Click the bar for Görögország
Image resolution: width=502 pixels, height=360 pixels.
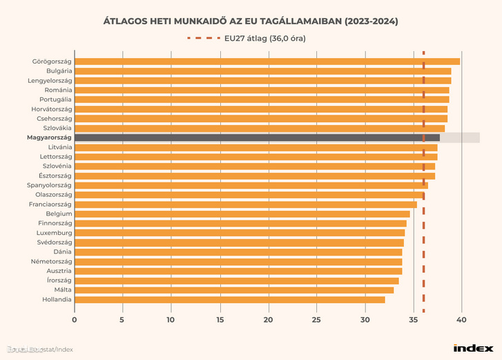(x=267, y=61)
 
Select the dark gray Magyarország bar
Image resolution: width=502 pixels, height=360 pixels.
(x=256, y=138)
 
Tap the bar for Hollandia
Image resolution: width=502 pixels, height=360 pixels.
(x=229, y=299)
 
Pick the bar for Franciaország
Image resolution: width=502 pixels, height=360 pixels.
(x=245, y=205)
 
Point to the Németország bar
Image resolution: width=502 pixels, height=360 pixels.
(x=238, y=262)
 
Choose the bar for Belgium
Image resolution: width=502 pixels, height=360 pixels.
(x=242, y=214)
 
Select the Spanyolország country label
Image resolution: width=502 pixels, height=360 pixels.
(x=48, y=185)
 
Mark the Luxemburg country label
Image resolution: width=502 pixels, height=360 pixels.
(x=54, y=233)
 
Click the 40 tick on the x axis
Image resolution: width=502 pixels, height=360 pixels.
(x=461, y=320)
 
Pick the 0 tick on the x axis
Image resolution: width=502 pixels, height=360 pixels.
(x=75, y=320)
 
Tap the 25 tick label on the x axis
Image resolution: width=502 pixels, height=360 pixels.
(x=316, y=320)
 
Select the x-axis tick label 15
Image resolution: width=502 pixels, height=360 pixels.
(x=220, y=320)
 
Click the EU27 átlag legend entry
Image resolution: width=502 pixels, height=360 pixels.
(x=264, y=38)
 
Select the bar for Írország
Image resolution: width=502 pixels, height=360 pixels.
(x=236, y=281)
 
